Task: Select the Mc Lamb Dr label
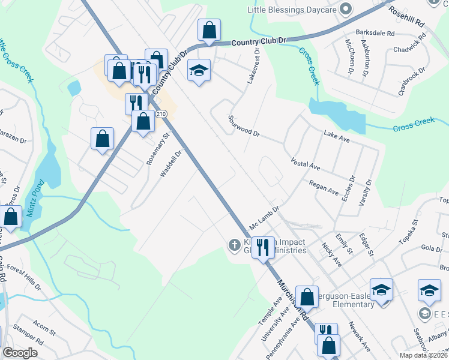pyautogui.click(x=265, y=219)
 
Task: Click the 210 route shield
pyautogui.click(x=160, y=113)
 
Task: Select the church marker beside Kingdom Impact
pyautogui.click(x=234, y=244)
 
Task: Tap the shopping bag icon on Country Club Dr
pyautogui.click(x=209, y=30)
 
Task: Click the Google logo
pyautogui.click(x=20, y=353)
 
